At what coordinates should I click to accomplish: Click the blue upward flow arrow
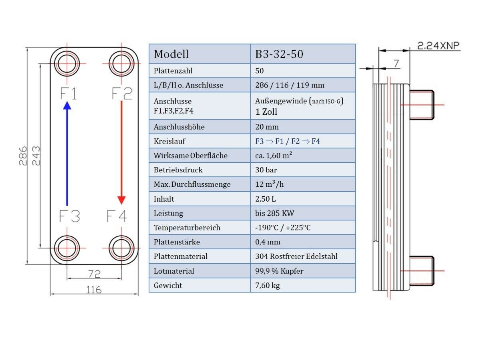[x=67, y=154]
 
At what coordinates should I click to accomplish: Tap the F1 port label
[x=68, y=94]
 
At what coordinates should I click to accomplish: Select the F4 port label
[x=116, y=216]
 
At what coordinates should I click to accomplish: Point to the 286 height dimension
[x=23, y=156]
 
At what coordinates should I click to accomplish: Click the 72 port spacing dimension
[x=94, y=274]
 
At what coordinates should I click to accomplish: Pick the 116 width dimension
[x=94, y=290]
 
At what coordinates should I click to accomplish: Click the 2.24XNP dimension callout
[x=438, y=46]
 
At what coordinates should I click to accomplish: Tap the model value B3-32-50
[x=279, y=54]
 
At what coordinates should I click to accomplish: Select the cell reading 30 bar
[x=266, y=170]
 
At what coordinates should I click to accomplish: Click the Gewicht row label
[x=168, y=285]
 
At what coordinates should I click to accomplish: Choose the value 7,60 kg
[x=268, y=285]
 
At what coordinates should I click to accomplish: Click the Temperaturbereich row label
[x=187, y=228]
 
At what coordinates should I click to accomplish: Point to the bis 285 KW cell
[x=275, y=213]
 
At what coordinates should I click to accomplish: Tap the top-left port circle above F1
[x=67, y=64]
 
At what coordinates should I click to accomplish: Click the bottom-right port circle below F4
[x=121, y=248]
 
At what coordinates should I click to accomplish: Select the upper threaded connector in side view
[x=422, y=105]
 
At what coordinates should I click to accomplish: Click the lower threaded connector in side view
[x=422, y=271]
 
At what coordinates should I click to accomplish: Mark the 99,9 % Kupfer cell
[x=279, y=271]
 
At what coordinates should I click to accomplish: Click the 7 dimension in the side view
[x=396, y=63]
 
